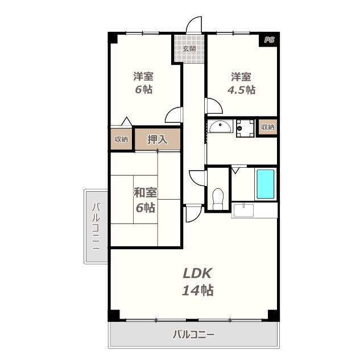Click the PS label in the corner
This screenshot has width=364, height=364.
(269, 40)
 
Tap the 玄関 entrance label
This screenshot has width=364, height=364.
(189, 49)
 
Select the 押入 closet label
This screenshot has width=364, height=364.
(158, 139)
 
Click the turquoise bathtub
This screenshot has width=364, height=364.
(266, 184)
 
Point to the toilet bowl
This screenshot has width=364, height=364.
(218, 198)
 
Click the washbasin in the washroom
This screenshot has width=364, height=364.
(220, 126)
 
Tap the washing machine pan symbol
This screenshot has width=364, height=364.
(245, 128)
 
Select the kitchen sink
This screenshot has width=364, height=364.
(243, 210)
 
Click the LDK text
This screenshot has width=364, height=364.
(197, 273)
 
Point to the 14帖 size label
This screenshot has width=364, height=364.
(197, 290)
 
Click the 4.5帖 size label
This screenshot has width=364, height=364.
(241, 90)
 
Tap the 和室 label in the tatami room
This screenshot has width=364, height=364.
(146, 192)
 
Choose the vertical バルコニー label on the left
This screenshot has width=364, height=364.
(96, 226)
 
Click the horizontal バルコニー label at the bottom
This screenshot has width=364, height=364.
(193, 334)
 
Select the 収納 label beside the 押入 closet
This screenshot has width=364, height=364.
(121, 139)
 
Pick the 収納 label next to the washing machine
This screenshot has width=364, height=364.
(268, 127)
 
